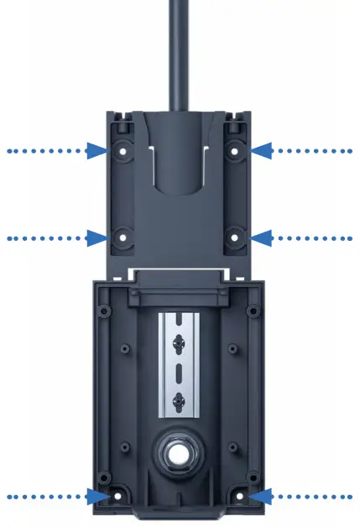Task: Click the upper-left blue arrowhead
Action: [x=99, y=151]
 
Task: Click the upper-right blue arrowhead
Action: [x=263, y=151]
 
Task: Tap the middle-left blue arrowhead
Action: [x=99, y=238]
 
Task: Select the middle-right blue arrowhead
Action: [x=263, y=238]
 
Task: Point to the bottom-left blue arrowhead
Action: [x=97, y=496]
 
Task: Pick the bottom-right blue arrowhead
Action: [x=261, y=496]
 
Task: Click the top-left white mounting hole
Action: [x=123, y=152]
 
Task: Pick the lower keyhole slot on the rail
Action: [x=179, y=403]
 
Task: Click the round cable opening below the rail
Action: [x=179, y=454]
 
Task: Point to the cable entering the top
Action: [x=179, y=50]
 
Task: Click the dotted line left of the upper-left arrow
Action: [x=46, y=151]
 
